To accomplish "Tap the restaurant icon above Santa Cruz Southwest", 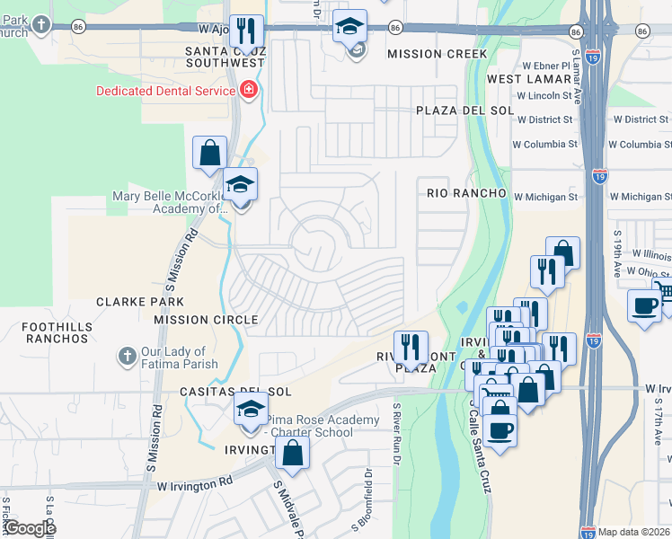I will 246,31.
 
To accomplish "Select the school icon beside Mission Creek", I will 350,28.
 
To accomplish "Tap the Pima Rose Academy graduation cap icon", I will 251,410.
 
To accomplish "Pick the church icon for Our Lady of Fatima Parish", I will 128,358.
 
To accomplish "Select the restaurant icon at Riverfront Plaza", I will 410,347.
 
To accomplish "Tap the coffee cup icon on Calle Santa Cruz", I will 500,429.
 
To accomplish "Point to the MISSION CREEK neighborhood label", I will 438,54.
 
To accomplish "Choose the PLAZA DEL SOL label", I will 464,110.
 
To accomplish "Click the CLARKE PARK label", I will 140,302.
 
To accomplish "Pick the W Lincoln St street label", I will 544,95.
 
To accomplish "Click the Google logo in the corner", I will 29,528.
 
